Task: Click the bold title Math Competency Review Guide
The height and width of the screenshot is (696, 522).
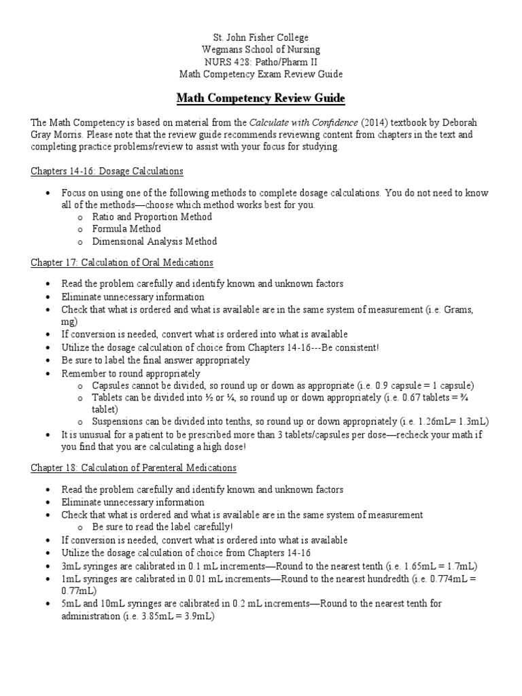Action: (x=261, y=99)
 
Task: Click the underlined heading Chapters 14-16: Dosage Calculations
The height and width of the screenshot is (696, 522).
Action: (x=107, y=171)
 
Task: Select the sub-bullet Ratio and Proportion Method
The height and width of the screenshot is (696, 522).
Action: (x=152, y=217)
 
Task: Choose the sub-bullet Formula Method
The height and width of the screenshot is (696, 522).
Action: (x=127, y=229)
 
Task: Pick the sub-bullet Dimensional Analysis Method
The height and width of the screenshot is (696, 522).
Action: (x=155, y=241)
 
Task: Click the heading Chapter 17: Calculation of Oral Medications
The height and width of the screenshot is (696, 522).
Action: (x=122, y=262)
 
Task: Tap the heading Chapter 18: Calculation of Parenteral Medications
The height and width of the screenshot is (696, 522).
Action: (x=133, y=468)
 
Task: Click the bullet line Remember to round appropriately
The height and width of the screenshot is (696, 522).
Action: (x=130, y=373)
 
